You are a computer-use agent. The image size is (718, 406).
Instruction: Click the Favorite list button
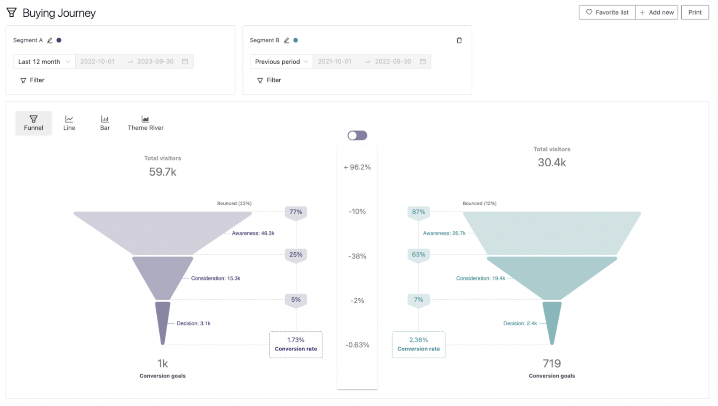[x=607, y=13]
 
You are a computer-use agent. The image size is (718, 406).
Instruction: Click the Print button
[x=695, y=13]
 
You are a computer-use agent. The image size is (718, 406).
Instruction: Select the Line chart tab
[x=69, y=123]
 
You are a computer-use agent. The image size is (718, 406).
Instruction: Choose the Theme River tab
[x=145, y=123]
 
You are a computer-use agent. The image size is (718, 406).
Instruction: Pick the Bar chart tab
[x=105, y=123]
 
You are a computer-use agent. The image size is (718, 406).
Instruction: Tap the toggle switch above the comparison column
[x=357, y=136]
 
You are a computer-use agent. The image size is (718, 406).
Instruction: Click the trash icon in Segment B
[x=459, y=40]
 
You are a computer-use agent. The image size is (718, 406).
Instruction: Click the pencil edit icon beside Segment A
[x=50, y=40]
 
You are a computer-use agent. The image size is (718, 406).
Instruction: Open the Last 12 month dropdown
[x=44, y=61]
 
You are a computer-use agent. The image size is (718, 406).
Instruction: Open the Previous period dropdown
[x=281, y=61]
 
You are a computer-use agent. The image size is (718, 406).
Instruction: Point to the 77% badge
[x=296, y=212]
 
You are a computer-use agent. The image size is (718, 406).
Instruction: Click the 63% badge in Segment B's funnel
[x=418, y=255]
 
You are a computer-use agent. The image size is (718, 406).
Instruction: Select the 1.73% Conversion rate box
[x=296, y=345]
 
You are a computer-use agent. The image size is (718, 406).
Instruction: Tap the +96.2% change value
[x=357, y=167]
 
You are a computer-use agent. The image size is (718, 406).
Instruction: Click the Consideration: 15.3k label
[x=215, y=278]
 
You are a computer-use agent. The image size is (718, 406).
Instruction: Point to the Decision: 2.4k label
[x=520, y=323]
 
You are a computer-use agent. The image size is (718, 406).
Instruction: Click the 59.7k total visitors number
[x=163, y=172]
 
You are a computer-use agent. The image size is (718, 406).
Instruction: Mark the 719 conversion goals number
[x=552, y=363]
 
